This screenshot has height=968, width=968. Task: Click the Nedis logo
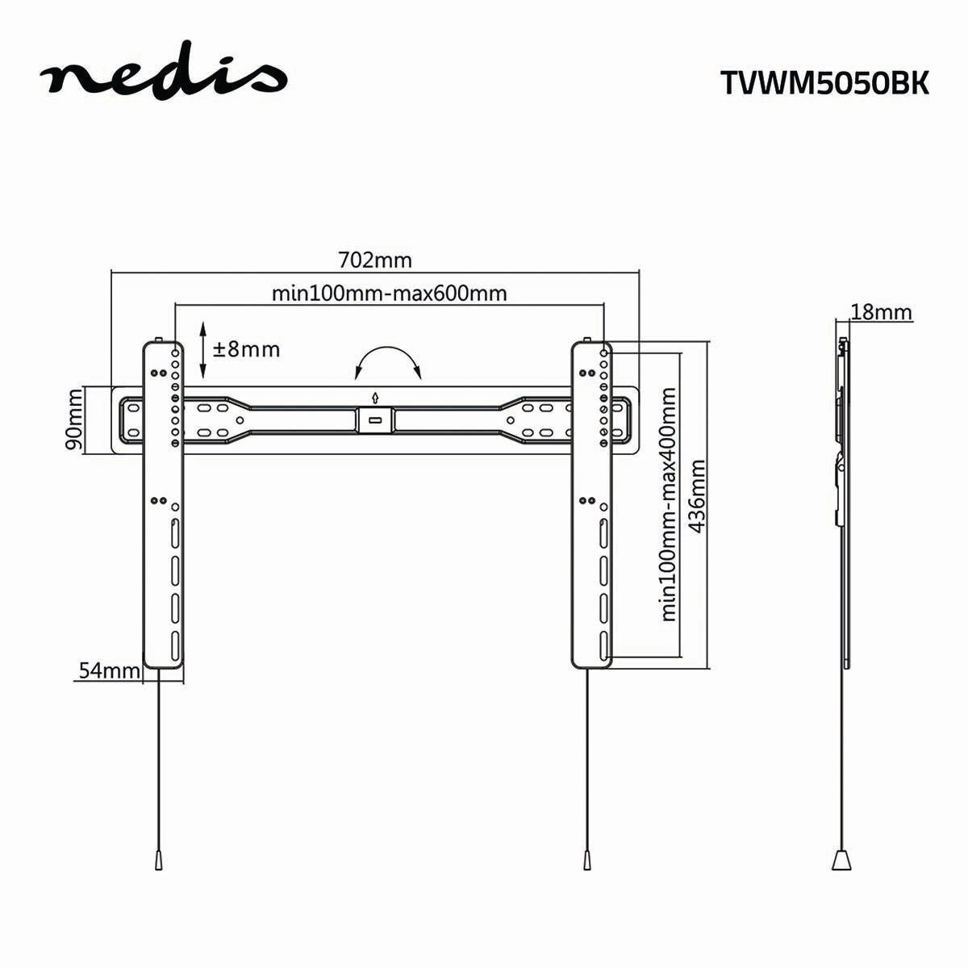[x=163, y=78]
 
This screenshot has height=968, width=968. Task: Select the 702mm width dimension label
[x=374, y=261]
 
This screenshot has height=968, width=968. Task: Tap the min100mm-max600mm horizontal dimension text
[x=390, y=293]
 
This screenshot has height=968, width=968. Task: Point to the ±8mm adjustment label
[x=246, y=349]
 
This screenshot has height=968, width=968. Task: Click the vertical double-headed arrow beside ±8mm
[x=202, y=350]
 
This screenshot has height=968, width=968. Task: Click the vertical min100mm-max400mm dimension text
[x=669, y=504]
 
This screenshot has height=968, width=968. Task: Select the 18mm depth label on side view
[x=881, y=312]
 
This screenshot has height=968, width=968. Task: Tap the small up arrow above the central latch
[x=375, y=397]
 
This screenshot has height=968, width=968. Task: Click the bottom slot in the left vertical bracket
[x=174, y=646]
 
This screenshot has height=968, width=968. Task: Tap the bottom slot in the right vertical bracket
[x=603, y=646]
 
